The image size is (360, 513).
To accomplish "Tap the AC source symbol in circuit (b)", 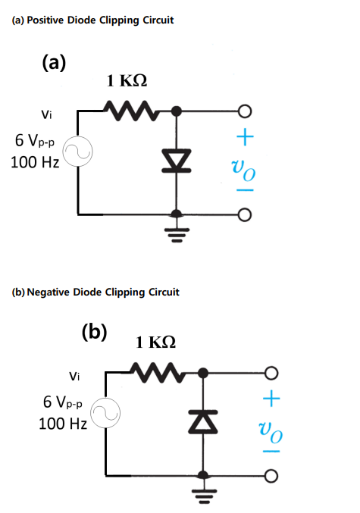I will click(105, 412).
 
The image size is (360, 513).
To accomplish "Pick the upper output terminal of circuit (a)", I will click(243, 111).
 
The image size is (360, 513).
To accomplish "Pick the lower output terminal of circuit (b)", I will click(269, 475).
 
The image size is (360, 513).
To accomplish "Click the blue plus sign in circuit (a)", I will click(244, 137).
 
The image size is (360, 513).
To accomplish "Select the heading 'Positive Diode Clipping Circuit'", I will click(93, 20).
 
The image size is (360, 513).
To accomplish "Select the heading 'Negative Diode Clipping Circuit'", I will click(95, 292).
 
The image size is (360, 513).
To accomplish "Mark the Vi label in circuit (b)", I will click(74, 375).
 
